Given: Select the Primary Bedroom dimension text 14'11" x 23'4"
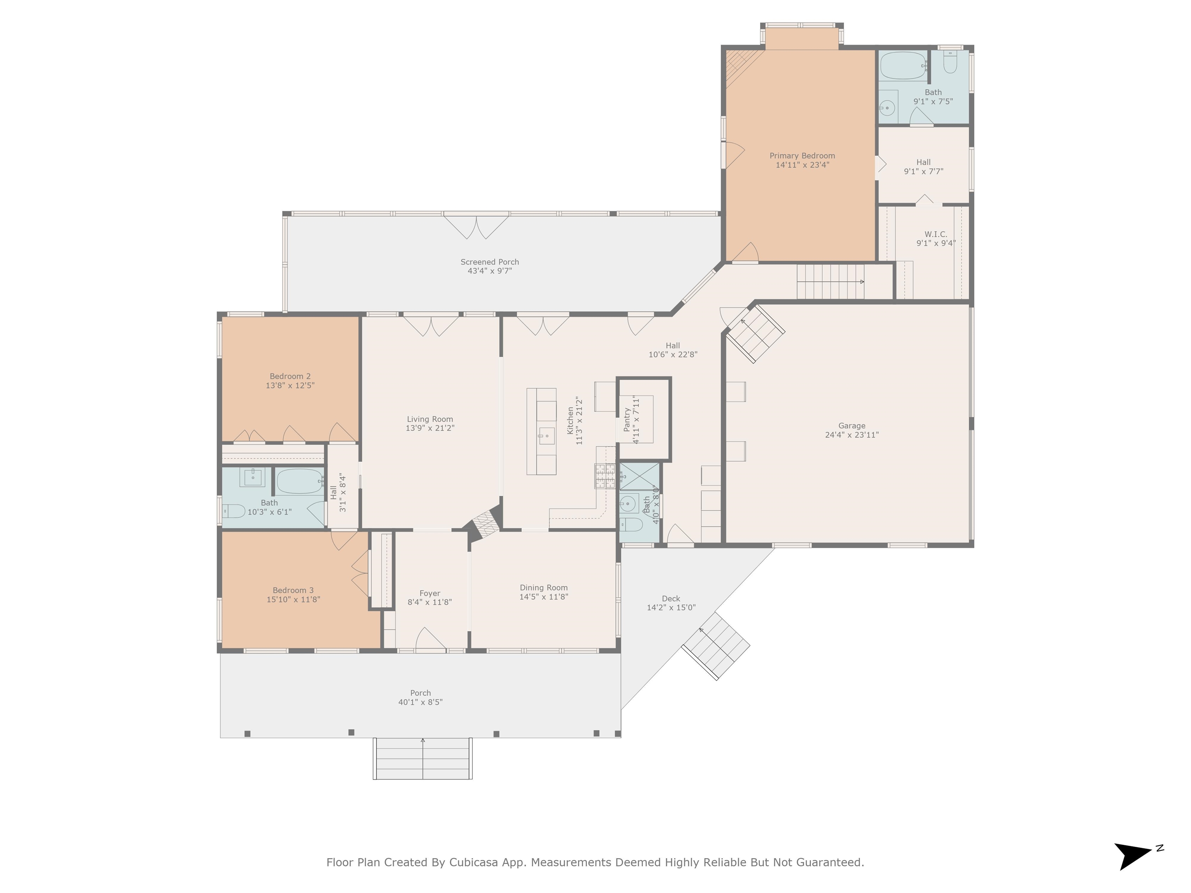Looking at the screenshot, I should coord(802,165).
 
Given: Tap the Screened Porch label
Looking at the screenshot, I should coord(489,262).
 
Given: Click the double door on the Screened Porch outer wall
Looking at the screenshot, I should coord(476,226).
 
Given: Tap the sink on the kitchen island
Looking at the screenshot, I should coord(547,435).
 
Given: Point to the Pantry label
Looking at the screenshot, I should coord(627,419).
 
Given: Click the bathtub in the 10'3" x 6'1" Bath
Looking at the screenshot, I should coord(300,481).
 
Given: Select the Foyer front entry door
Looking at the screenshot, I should coord(430,640).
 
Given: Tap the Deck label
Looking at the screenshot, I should coord(670,598).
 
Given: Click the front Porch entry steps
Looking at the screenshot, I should coord(423,759).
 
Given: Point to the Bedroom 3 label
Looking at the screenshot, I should coord(293,591).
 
